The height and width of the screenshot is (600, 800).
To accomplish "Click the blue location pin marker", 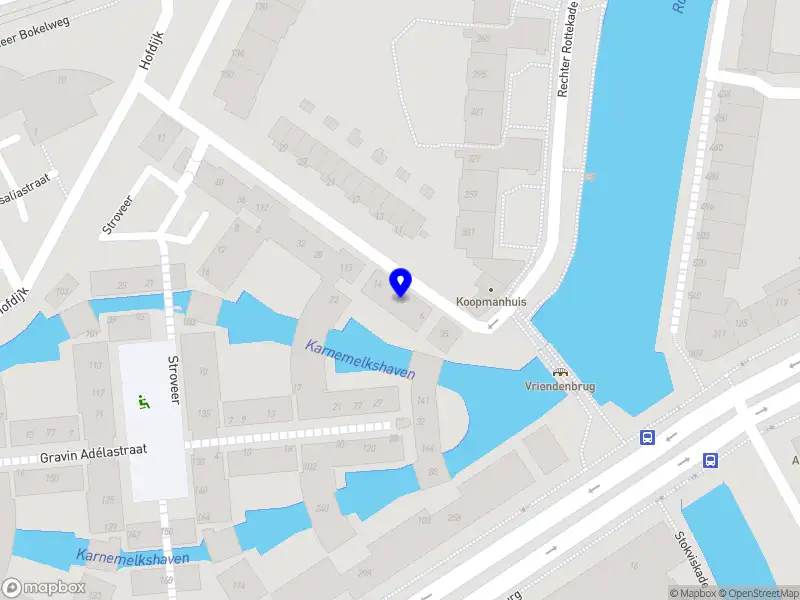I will pos(401,283).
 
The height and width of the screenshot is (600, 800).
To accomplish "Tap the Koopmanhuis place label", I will pos(490,301).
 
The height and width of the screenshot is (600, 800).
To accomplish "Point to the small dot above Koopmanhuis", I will pos(490,289).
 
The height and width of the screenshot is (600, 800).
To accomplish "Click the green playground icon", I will pos(142,403).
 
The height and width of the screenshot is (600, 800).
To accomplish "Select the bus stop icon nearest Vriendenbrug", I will pos(648,437).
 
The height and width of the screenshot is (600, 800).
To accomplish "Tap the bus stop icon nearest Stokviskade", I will pos(711,460).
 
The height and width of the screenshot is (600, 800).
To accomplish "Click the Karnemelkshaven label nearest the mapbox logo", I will pos(132,557).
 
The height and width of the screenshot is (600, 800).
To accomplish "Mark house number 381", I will pos(469,232).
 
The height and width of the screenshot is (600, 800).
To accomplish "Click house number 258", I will pos(454,517).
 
